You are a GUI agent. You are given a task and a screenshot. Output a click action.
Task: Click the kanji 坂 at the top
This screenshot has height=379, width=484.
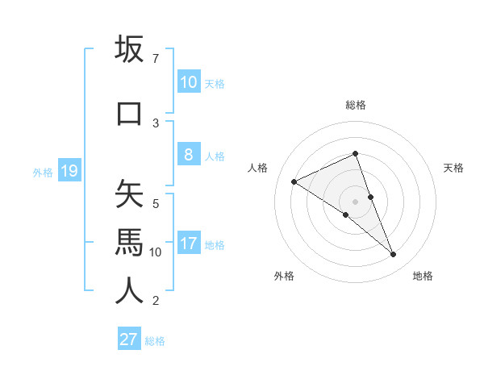129,49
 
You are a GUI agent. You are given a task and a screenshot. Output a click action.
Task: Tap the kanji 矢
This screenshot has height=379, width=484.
129,194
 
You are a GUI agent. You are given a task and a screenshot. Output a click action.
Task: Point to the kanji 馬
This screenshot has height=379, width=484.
129,241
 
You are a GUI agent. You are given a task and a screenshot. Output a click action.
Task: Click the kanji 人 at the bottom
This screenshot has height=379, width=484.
129,290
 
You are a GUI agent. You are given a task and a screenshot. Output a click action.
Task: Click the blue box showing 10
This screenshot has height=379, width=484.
189,82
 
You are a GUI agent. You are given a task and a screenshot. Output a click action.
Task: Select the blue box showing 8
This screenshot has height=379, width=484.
189,155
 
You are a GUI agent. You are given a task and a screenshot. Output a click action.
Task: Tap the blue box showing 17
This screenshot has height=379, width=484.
189,244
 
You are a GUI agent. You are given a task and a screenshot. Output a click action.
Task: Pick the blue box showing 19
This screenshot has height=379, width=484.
69,171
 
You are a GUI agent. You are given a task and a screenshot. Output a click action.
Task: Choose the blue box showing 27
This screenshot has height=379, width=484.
129,339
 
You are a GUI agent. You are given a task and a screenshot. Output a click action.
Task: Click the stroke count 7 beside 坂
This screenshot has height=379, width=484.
155,58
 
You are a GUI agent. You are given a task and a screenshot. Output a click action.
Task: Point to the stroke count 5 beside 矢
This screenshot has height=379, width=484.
156,203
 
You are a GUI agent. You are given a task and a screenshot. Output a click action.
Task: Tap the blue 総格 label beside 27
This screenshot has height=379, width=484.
156,341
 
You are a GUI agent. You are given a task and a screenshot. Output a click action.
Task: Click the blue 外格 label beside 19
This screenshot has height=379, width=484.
43,172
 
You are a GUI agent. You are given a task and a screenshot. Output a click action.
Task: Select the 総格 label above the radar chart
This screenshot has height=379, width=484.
356,105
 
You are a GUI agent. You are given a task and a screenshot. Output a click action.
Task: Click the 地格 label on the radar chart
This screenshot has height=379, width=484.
423,277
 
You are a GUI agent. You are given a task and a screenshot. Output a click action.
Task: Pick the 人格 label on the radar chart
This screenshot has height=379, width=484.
257,168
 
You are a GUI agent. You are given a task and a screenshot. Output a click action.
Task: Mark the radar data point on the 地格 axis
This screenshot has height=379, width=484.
394,255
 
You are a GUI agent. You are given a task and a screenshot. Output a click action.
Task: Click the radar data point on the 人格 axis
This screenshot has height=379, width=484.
294,182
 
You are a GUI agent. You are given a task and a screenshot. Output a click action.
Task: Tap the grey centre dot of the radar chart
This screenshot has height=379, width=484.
356,202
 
